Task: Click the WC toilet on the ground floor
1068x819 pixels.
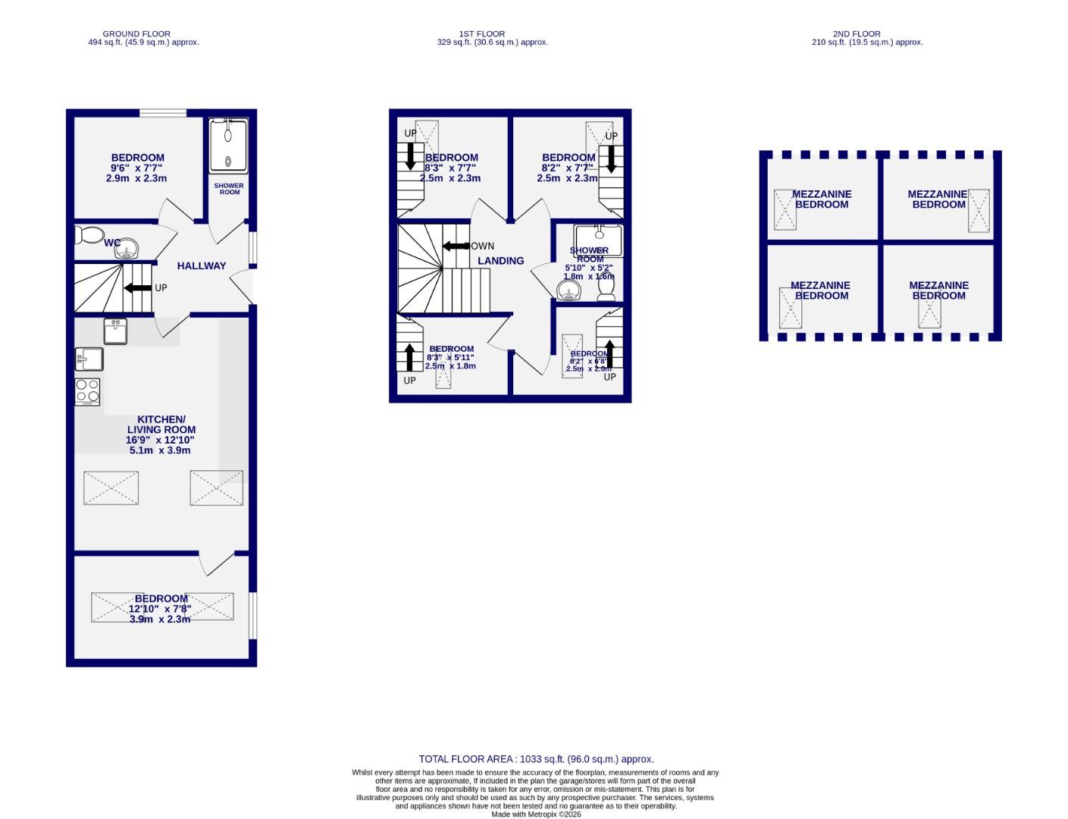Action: [x=91, y=235]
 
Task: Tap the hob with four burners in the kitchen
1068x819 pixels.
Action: [x=88, y=391]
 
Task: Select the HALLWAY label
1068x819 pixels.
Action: [x=202, y=266]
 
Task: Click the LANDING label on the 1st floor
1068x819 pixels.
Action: [x=500, y=261]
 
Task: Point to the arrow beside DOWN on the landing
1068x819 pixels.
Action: [x=455, y=246]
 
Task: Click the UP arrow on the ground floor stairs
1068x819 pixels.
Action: [x=137, y=288]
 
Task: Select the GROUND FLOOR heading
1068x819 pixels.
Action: [x=136, y=34]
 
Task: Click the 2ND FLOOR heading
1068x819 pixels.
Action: [x=857, y=34]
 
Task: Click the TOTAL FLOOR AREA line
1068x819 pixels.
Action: [x=536, y=759]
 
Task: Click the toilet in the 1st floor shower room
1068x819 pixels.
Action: [x=606, y=287]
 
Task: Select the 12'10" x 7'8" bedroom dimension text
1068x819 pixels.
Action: [x=160, y=609]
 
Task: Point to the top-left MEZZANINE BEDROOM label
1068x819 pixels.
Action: [x=822, y=199]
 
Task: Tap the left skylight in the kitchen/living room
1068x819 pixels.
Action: [x=111, y=488]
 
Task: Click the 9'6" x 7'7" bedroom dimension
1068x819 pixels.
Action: [x=136, y=168]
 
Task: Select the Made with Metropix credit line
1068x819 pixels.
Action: [x=536, y=814]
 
